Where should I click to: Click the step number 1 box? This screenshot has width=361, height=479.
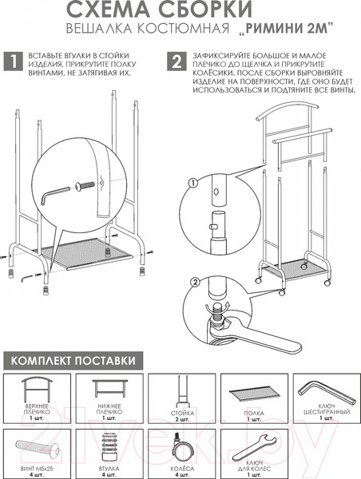click(13, 61)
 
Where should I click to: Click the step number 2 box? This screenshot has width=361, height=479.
click(177, 61)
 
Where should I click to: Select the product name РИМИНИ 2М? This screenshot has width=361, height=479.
click(285, 29)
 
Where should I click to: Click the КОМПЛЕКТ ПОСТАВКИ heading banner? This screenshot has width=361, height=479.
click(73, 361)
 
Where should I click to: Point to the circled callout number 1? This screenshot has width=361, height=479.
click(193, 183)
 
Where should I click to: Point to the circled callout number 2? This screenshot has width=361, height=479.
click(196, 282)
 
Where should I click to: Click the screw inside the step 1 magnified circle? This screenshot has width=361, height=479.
click(85, 186)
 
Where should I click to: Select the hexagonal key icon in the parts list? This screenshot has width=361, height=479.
click(327, 391)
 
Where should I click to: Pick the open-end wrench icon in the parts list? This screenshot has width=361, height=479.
click(255, 448)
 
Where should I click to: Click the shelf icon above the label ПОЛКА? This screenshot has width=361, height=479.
click(255, 392)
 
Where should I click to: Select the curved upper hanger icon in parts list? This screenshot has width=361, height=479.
click(37, 390)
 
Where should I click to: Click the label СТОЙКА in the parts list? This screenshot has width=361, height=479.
click(182, 413)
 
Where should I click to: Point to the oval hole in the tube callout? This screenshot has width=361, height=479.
click(216, 192)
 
